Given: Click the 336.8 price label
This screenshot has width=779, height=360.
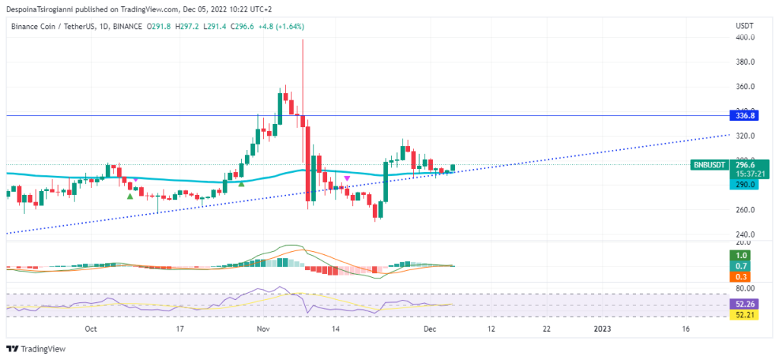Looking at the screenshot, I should (742, 116).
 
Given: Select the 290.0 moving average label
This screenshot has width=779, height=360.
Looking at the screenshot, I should (742, 185).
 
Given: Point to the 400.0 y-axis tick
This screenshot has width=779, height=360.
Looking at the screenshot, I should (745, 37).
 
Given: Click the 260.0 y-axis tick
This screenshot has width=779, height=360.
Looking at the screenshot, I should (745, 209).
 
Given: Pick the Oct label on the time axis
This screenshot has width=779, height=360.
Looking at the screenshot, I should (91, 330).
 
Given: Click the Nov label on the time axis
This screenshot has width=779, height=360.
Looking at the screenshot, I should (263, 330).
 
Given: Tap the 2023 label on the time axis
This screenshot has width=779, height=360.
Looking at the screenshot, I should (602, 330).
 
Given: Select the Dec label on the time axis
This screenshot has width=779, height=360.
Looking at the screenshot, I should (431, 330).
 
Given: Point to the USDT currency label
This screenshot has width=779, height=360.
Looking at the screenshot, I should (744, 26).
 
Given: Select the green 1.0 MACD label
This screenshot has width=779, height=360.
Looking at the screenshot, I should (742, 255).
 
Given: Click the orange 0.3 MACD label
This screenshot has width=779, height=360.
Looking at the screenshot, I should (742, 276).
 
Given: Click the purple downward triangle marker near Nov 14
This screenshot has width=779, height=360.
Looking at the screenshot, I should (347, 178).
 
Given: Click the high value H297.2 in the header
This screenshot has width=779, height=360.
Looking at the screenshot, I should (187, 27).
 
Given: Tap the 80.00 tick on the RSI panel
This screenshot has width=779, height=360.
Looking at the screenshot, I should (744, 288).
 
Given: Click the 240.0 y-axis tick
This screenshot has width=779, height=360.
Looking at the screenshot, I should (745, 234).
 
